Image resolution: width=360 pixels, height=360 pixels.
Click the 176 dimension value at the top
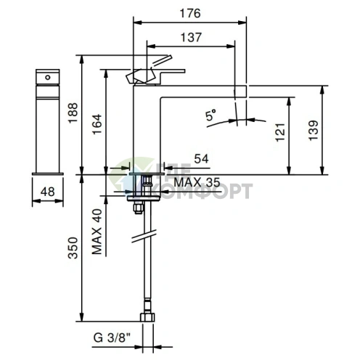(190, 14)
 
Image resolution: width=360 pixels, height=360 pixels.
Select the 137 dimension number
(191, 38)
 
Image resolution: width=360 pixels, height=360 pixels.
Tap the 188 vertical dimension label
(73, 113)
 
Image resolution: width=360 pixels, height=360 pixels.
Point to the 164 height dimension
(97, 124)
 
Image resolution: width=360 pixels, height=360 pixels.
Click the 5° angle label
(210, 115)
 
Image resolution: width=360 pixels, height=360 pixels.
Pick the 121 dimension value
(281, 132)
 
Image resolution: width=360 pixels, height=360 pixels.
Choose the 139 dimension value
(314, 130)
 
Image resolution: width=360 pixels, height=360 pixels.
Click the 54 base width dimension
(201, 159)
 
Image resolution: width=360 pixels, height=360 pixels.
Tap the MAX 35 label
(197, 182)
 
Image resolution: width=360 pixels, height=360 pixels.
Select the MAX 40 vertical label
(97, 232)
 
